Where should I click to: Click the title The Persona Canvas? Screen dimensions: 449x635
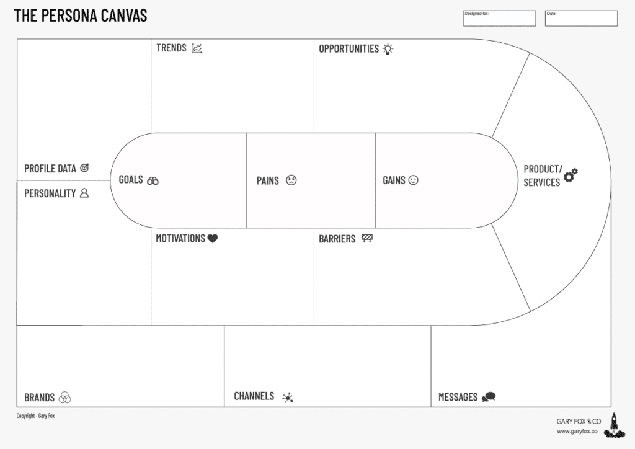(x=81, y=16)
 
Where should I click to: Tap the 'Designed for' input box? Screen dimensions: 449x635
(x=499, y=19)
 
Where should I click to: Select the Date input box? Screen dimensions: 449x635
(x=581, y=19)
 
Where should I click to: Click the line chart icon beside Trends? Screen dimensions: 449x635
(x=197, y=48)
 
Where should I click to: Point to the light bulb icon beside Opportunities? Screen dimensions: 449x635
(x=388, y=48)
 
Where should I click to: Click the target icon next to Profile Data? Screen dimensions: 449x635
(x=85, y=167)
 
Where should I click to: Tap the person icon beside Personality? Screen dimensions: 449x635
(x=84, y=193)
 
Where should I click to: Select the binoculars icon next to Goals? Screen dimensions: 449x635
(x=153, y=180)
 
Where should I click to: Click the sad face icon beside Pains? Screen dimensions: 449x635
(x=291, y=180)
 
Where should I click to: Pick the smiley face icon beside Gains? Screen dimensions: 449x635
(x=414, y=180)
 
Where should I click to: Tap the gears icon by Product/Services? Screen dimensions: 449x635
(x=571, y=175)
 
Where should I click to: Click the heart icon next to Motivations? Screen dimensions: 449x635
(x=213, y=238)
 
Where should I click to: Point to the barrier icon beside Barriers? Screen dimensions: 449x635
(x=367, y=238)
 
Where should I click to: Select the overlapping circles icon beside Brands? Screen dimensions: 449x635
(x=65, y=398)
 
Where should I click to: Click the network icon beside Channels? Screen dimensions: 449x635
(x=287, y=398)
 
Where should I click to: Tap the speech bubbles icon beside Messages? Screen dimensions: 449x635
(x=489, y=397)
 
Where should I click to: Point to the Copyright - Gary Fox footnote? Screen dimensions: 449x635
(x=36, y=416)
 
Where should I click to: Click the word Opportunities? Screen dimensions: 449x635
(x=349, y=48)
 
